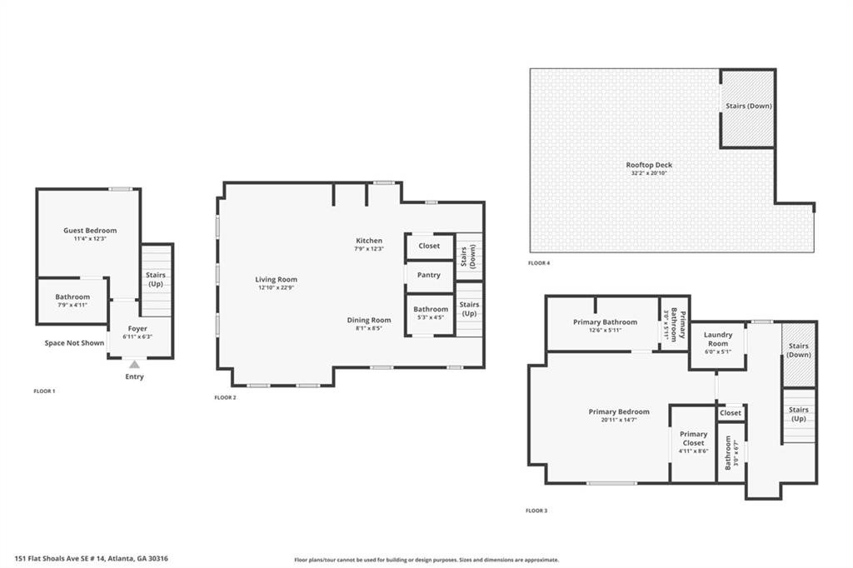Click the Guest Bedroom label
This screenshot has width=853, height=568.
click(x=90, y=231)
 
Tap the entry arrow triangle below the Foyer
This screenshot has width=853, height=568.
click(x=134, y=364)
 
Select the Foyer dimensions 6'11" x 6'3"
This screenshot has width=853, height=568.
click(x=137, y=337)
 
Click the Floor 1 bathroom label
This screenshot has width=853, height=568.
click(x=72, y=297)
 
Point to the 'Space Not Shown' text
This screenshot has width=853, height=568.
click(x=74, y=342)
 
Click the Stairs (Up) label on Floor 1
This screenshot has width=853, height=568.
click(x=156, y=279)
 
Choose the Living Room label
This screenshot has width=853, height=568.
click(x=277, y=280)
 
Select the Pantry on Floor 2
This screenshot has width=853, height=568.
click(x=429, y=275)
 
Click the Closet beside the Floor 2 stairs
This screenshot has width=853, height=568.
click(x=429, y=246)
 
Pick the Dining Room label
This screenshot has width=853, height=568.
click(x=369, y=320)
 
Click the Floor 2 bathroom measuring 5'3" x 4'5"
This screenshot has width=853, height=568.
click(x=431, y=313)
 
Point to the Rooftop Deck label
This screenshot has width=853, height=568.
click(x=649, y=165)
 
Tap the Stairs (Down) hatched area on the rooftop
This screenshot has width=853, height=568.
click(x=747, y=107)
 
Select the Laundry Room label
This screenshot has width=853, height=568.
click(x=718, y=340)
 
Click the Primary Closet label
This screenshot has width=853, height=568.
click(x=693, y=438)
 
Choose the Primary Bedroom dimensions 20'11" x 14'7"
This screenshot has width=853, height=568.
click(x=619, y=420)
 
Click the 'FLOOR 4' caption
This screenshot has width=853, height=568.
click(x=539, y=263)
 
